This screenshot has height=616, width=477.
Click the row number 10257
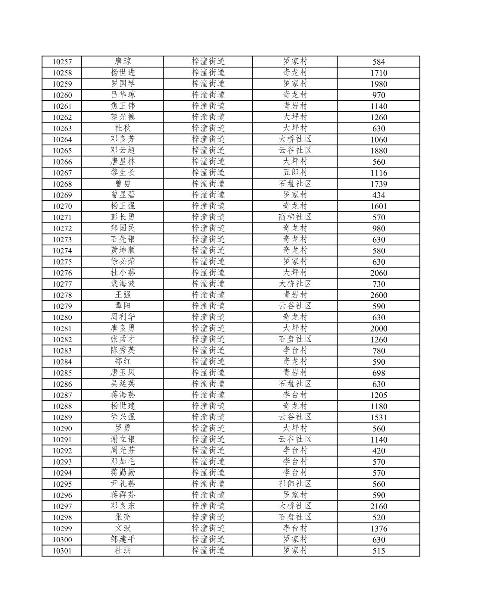point(62,62)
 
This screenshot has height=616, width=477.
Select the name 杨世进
point(123,72)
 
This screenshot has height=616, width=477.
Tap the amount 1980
point(379,84)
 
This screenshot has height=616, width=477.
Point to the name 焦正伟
point(123,106)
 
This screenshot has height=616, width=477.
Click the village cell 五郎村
point(295,172)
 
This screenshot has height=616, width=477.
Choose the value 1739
point(379,184)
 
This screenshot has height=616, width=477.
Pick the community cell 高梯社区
point(295,217)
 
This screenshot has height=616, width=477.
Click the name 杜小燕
point(123,272)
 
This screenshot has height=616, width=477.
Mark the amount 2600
point(379,295)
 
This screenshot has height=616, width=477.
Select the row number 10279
point(62,306)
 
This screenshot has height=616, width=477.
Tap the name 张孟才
point(123,339)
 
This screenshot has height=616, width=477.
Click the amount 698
point(379,373)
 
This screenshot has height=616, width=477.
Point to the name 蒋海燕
point(123,395)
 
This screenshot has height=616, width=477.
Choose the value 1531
point(379,417)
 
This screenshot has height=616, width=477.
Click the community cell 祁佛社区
point(295,484)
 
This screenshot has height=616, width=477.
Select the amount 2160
point(379,507)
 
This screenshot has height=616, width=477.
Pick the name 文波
point(123,528)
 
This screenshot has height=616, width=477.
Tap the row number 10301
point(62,551)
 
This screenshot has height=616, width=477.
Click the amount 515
point(379,551)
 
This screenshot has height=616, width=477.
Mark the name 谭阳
point(123,306)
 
